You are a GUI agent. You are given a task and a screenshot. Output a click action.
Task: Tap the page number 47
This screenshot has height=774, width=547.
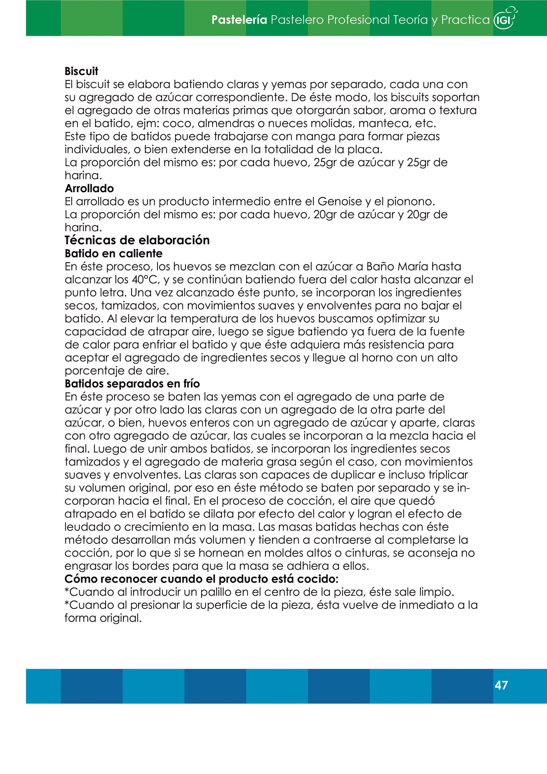(x=501, y=685)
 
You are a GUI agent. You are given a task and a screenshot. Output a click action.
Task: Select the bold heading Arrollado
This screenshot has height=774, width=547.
(x=89, y=188)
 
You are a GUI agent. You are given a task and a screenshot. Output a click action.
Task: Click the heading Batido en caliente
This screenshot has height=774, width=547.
(x=114, y=253)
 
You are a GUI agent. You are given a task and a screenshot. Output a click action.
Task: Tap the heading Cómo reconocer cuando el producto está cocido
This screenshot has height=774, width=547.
(x=201, y=579)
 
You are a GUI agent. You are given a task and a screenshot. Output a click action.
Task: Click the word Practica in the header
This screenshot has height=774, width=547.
(x=465, y=20)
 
